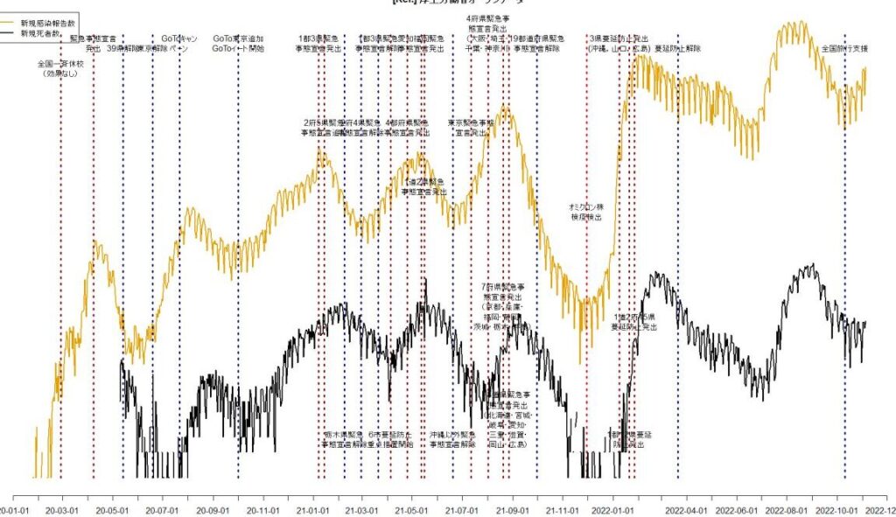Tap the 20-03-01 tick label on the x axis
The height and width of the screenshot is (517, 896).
point(62,509)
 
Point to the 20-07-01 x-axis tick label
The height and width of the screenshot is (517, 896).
point(163,509)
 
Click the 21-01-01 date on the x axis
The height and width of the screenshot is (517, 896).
point(312,509)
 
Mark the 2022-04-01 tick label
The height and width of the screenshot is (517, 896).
point(686,509)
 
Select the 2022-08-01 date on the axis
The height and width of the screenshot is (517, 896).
point(786,509)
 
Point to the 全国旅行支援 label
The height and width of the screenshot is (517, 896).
point(843,49)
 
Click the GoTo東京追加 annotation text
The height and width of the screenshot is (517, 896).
point(238,39)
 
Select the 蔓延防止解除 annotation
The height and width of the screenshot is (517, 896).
point(678,49)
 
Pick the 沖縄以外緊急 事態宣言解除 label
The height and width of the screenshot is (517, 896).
point(452,439)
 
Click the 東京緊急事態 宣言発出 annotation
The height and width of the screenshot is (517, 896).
point(471,128)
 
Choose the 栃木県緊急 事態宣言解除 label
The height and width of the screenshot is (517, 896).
point(344,439)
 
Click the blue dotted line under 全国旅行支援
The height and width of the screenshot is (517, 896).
point(844,262)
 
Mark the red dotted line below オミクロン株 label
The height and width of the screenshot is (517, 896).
point(586,350)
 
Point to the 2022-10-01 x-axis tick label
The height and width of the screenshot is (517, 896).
point(836,509)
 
